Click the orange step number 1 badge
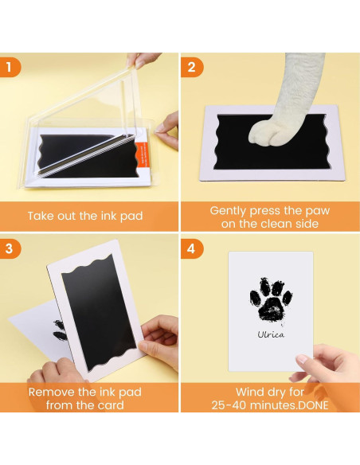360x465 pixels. coord(10,68)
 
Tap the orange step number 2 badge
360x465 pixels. coord(192,68)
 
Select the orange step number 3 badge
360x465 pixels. coord(10,248)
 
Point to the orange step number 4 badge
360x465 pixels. coord(192,248)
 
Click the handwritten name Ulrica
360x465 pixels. coord(271,334)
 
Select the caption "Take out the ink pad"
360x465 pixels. coord(85,217)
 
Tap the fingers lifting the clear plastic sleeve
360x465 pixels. coord(142,61)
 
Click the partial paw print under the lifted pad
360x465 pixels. coord(59,330)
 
